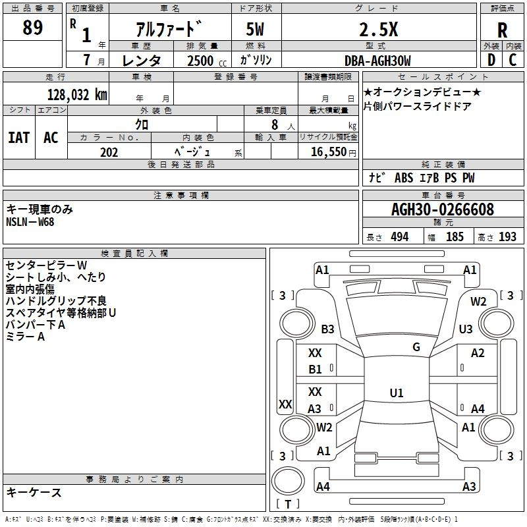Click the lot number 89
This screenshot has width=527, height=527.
32,28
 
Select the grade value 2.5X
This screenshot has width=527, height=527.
378,30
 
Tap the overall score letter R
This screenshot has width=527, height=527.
502,30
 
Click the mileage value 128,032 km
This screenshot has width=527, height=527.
77,95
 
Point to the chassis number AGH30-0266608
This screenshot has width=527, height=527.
443,209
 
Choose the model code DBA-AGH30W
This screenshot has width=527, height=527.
377,61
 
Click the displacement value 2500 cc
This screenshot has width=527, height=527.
207,61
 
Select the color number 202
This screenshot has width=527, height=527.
109,152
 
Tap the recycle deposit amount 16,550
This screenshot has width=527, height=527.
328,152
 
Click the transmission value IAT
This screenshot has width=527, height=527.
19,138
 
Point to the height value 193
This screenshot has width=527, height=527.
507,237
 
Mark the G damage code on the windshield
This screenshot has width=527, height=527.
416,347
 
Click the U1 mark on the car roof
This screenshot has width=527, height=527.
397,393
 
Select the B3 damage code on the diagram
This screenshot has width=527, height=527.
327,329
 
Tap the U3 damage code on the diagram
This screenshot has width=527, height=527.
466,329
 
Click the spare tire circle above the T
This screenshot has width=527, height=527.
288,481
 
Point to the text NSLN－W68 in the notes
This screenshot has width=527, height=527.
30,222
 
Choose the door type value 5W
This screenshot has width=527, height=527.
255,29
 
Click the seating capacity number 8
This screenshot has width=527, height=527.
275,125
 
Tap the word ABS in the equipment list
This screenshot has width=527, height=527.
404,178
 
